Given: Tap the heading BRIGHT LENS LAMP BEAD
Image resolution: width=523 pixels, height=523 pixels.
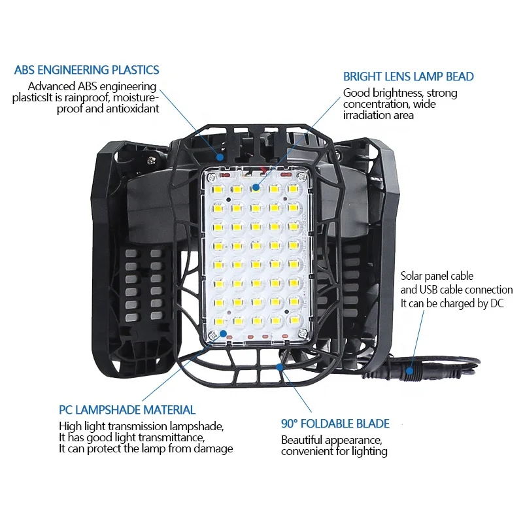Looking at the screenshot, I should coord(409,76).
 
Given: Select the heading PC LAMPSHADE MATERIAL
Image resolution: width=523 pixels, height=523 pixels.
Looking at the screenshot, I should coord(127,410).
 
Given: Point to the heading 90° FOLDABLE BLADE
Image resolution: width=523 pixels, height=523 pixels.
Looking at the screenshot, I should coord(335,424).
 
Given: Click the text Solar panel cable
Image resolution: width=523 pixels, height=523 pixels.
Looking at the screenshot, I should coord(437,277).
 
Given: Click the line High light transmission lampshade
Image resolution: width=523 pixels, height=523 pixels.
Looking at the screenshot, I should coord(141,426).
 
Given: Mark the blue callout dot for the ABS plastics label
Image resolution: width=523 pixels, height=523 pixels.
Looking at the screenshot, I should coord(220,157).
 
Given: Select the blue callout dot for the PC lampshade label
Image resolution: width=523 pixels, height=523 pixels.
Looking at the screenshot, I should coord(224,333).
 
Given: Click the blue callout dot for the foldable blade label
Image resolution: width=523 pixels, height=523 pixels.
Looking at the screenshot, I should coord(280,367).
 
